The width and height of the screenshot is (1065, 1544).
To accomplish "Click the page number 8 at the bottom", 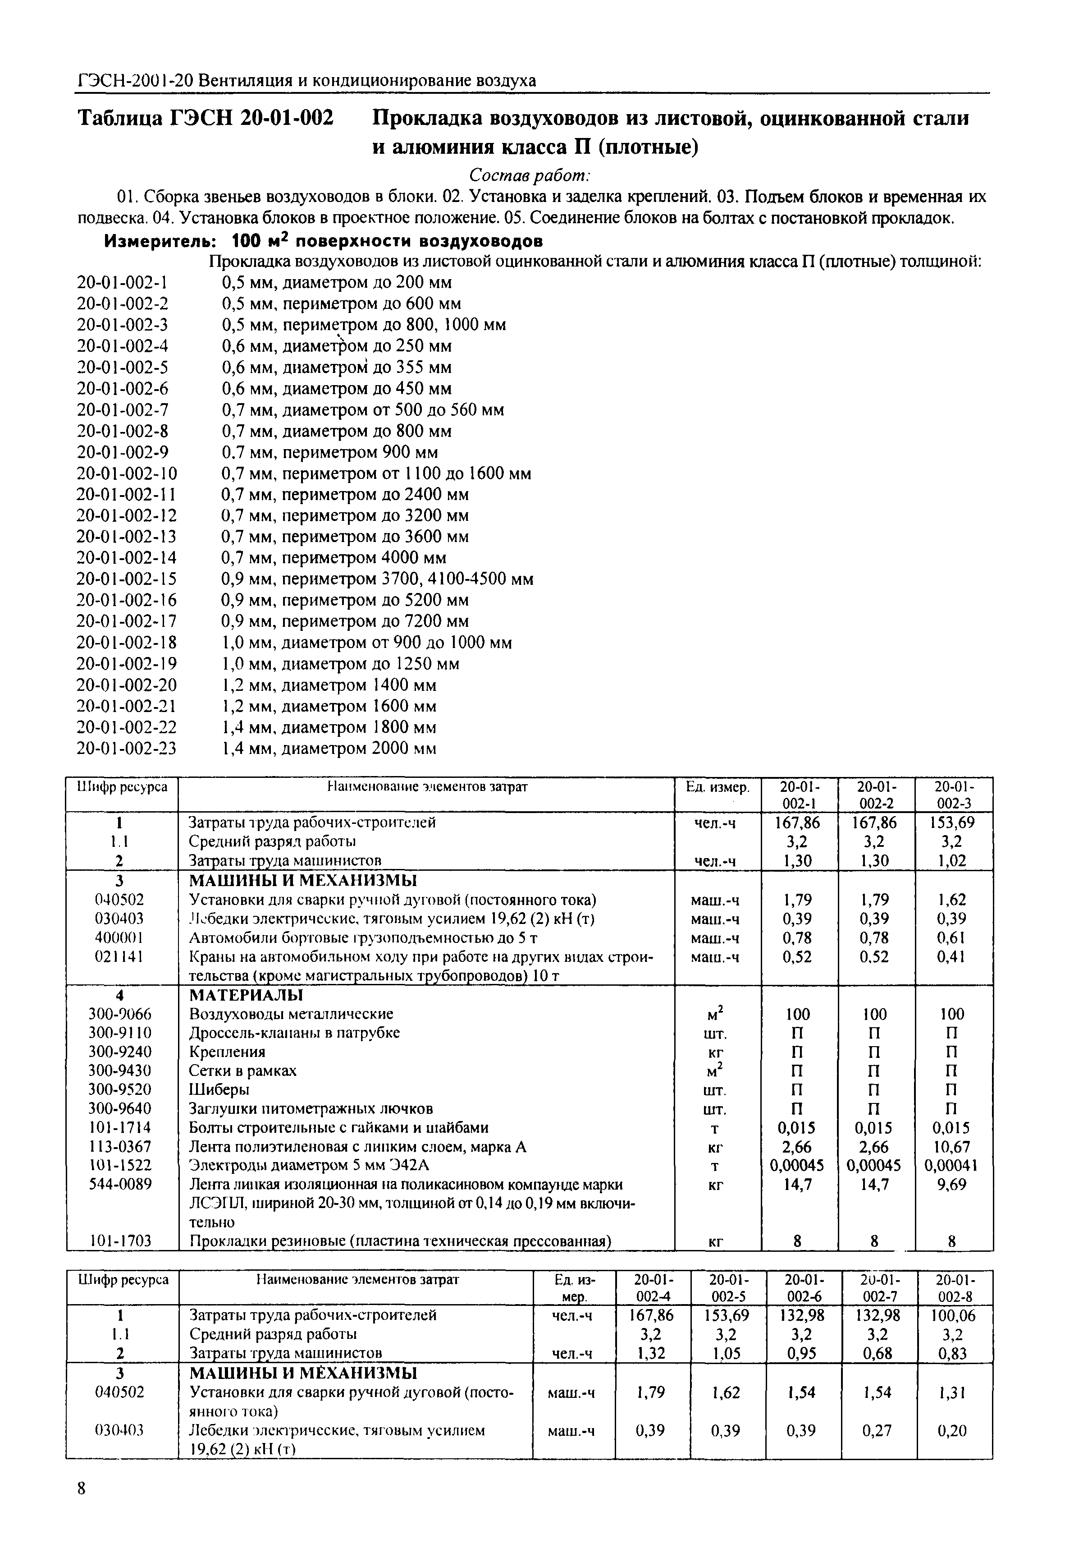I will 82,1508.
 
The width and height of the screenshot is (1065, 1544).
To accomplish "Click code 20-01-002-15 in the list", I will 127,579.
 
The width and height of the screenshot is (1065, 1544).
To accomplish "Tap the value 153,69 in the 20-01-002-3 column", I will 953,823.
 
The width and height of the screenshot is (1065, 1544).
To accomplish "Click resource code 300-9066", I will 120,1014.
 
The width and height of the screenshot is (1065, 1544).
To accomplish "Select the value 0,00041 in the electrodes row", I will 953,1166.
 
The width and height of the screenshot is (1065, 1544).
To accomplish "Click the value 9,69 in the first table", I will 953,1185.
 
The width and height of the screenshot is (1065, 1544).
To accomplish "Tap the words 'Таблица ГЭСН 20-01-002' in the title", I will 206,119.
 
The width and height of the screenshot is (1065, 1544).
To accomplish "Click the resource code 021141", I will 120,956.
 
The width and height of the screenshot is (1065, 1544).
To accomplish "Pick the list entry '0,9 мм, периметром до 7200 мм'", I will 345,621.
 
